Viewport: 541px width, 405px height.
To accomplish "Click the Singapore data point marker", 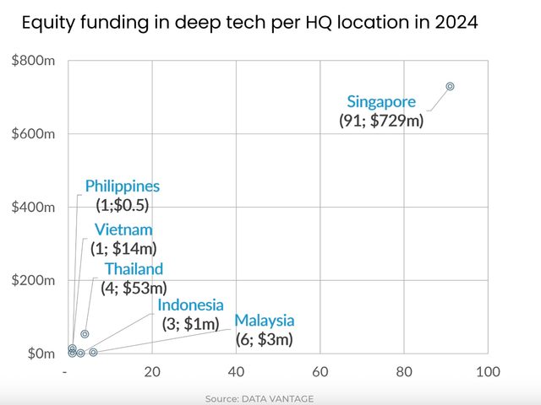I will (x=450, y=86).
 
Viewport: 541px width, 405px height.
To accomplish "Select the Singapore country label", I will (x=381, y=102).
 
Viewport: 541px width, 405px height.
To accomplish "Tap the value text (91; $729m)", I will (x=381, y=120).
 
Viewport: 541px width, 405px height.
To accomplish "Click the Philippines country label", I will (x=122, y=186).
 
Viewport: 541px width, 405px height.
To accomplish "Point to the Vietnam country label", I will (x=123, y=229).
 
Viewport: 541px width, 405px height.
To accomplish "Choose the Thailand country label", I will (x=134, y=269).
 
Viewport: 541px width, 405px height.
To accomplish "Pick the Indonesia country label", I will (x=190, y=305).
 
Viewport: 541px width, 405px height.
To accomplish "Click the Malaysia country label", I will (x=265, y=321).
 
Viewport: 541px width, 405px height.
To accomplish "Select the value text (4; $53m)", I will (x=134, y=288).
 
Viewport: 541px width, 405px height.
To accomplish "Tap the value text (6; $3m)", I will (x=265, y=339).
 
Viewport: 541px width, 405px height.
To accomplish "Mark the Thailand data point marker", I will (x=85, y=334).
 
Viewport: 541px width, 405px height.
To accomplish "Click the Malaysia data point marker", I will (x=93, y=352).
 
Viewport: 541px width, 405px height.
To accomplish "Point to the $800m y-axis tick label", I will (x=33, y=61).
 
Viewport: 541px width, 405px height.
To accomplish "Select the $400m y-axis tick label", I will (x=33, y=207).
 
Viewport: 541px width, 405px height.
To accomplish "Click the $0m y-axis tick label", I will (x=39, y=353).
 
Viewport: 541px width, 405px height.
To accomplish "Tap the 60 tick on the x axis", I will (x=320, y=372).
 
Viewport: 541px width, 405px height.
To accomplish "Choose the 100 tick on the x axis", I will (x=487, y=372).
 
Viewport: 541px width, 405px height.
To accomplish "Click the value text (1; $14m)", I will (x=126, y=248).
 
